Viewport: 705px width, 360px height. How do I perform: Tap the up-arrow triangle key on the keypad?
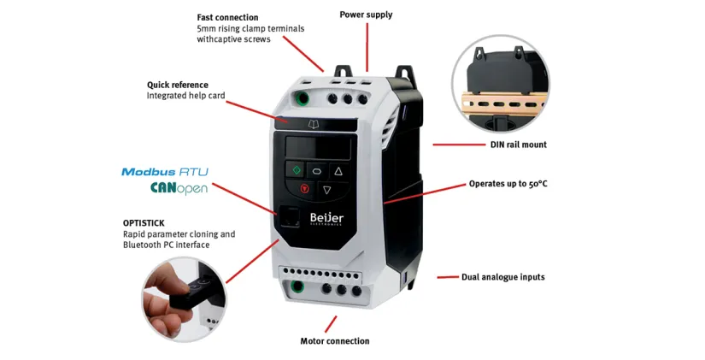[x=338, y=170]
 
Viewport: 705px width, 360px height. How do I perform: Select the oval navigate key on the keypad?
[x=315, y=170]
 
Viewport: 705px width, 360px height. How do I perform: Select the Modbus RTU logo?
[x=165, y=172]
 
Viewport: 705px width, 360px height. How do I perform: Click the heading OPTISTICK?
[x=144, y=222]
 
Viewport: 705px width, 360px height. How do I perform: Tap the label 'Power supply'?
[x=366, y=15]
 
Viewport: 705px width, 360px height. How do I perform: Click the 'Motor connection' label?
[x=335, y=341]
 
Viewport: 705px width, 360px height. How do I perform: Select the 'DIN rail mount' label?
[x=518, y=145]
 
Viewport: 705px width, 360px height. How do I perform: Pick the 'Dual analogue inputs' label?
[x=502, y=277]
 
